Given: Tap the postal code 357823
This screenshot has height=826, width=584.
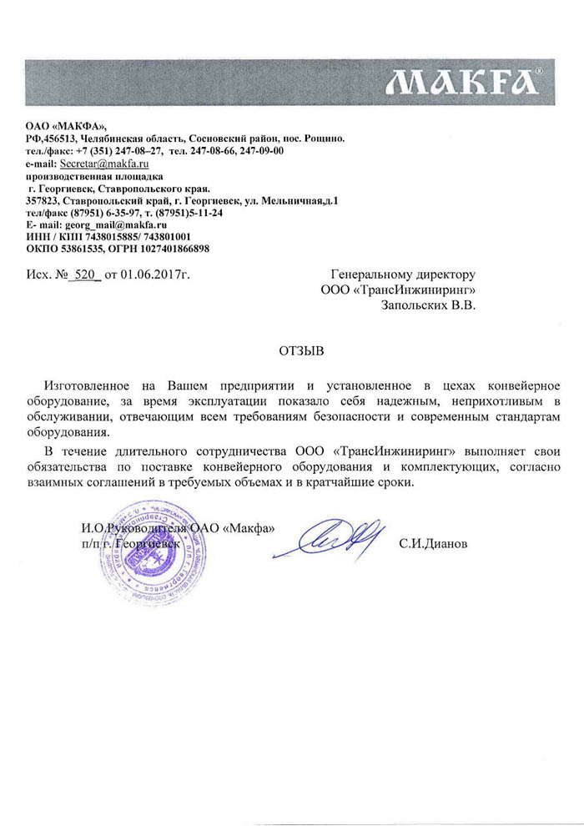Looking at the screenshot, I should tap(41, 201).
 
